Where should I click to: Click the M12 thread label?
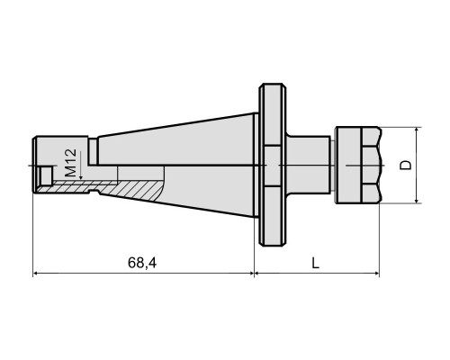point(70,163)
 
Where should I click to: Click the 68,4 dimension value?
point(142,263)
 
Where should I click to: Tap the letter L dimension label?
point(315,263)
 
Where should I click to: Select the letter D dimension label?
point(407,166)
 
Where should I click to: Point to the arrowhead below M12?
point(81,177)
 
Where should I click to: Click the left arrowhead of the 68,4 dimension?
point(36,273)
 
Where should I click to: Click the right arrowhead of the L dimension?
point(375,273)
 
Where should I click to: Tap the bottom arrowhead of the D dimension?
point(417,199)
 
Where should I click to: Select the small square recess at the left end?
point(46,175)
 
